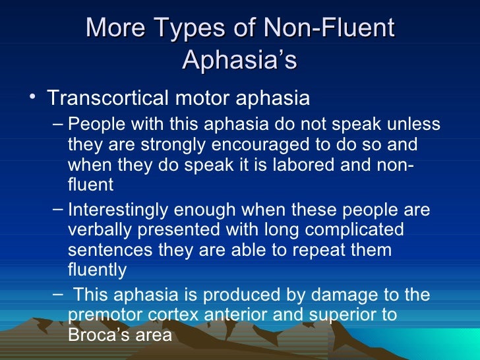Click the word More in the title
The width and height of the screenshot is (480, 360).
click(x=114, y=28)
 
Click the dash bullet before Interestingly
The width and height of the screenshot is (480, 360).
click(x=57, y=209)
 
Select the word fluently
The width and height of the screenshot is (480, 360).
click(x=96, y=270)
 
